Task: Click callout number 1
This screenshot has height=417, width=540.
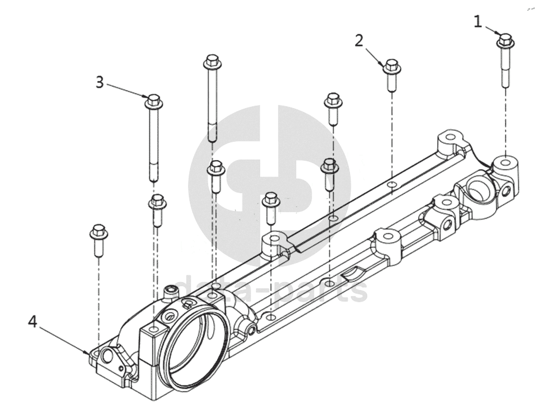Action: click(x=477, y=22)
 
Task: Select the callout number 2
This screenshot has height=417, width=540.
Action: click(x=359, y=41)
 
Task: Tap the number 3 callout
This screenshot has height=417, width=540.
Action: click(x=100, y=82)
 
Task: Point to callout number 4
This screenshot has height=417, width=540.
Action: click(x=33, y=322)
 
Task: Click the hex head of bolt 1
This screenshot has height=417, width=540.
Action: click(x=505, y=41)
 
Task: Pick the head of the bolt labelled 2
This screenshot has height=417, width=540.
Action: click(x=391, y=65)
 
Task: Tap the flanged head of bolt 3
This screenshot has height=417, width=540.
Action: click(x=153, y=102)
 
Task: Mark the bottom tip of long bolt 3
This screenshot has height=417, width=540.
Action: click(x=154, y=178)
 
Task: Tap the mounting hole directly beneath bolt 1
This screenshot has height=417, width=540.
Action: click(x=505, y=162)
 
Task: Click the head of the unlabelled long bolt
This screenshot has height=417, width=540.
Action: click(x=211, y=61)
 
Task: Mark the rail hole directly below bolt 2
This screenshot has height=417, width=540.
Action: click(x=391, y=185)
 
